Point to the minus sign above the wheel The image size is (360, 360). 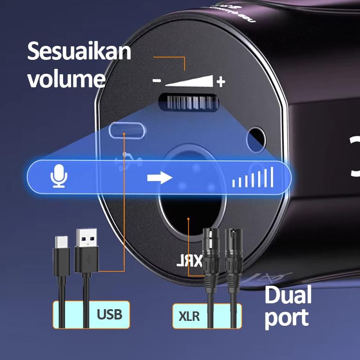pos(157,81)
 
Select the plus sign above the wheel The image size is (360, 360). pos(220,81)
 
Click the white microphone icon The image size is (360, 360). pos(59,176)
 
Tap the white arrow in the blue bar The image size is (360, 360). pos(159,177)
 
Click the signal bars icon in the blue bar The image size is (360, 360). pos(253,177)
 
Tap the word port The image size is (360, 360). pos(286,318)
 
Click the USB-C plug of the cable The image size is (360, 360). pos(61,256)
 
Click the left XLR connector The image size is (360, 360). pos(210,252)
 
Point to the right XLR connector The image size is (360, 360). pos(234,252)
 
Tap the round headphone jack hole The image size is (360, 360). pos(256,137)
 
